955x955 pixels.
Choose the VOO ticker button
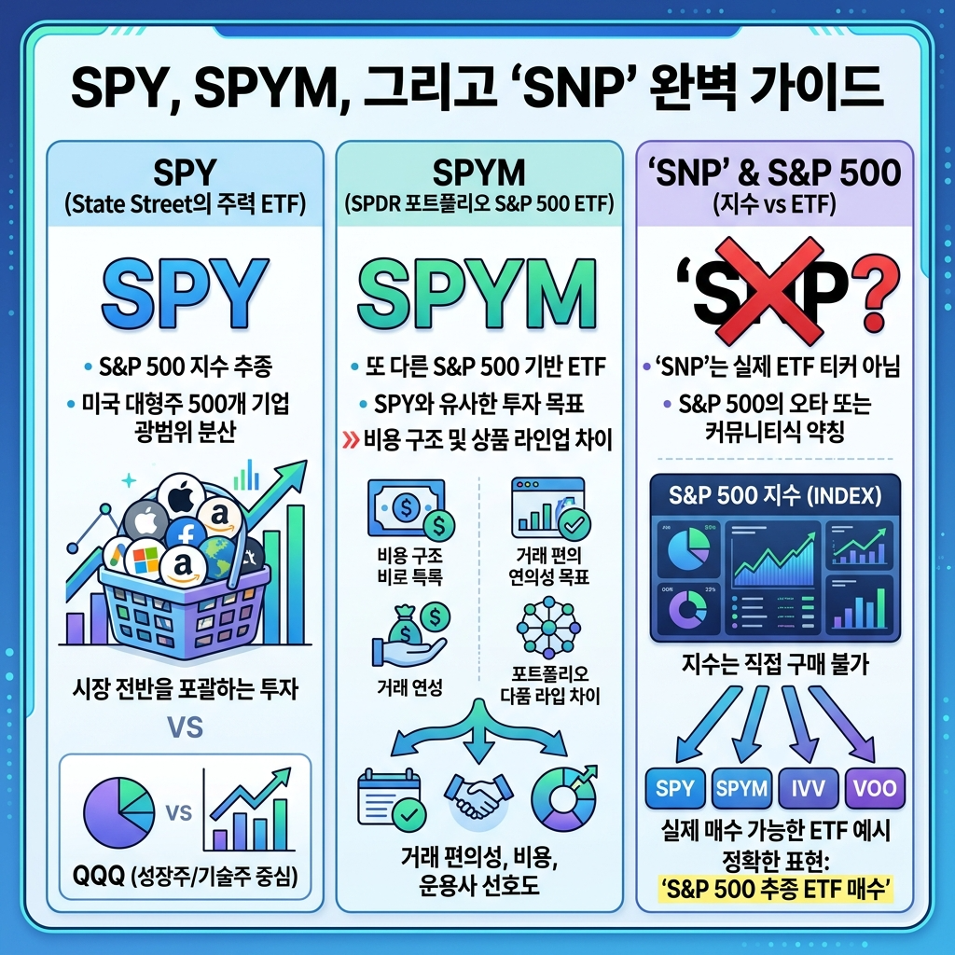[875, 788]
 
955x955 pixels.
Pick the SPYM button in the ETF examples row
[742, 788]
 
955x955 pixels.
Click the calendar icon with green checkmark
[389, 799]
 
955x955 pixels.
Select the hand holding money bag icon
[408, 634]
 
